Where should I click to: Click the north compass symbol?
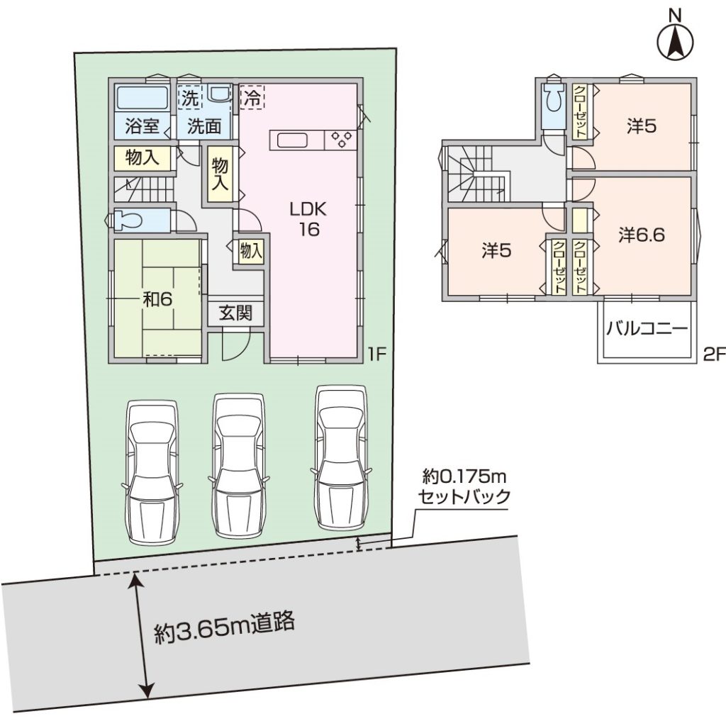click(676, 35)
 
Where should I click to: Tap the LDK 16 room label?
click(308, 220)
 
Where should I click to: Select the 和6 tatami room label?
click(157, 300)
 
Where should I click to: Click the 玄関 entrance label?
click(235, 313)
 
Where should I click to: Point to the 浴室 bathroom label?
click(142, 126)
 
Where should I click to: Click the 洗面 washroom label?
click(204, 126)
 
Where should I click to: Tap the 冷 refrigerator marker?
click(252, 97)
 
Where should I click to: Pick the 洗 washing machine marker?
click(190, 97)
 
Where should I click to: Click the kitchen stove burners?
click(341, 140)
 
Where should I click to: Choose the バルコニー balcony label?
click(647, 330)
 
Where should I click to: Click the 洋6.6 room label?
click(642, 235)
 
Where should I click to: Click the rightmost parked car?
click(341, 457)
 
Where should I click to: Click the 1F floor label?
click(377, 354)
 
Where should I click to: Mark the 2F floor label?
click(713, 354)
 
